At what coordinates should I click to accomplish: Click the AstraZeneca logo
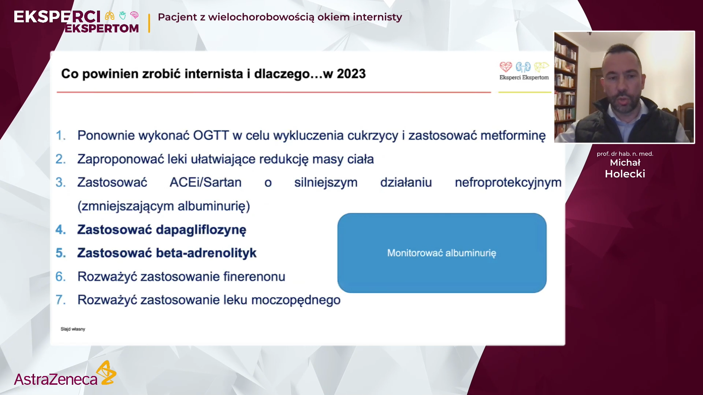point(65,373)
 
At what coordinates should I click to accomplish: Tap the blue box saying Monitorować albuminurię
point(442,253)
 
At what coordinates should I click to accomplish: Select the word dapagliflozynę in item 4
point(201,230)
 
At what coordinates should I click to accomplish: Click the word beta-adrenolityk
point(206,253)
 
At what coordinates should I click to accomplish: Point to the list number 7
point(60,300)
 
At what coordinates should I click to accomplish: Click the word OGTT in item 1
point(211,135)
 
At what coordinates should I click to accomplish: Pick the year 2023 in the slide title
point(351,74)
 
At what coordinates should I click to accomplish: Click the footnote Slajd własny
point(73,329)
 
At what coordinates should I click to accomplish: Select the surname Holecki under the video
point(625,174)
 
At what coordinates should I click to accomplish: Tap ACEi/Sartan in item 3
point(205,182)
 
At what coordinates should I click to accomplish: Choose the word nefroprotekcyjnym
point(508,183)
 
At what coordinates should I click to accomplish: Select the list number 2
point(60,159)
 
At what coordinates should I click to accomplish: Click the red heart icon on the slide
point(506,67)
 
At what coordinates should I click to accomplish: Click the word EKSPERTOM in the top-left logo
point(102,28)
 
